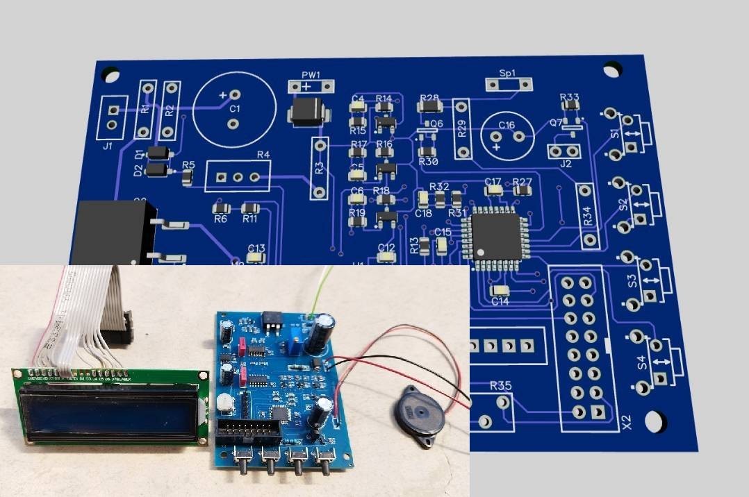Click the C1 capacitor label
235,110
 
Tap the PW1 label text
311,74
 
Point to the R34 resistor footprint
586,215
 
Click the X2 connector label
626,421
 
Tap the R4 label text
263,155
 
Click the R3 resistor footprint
320,167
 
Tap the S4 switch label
642,362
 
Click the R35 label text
501,386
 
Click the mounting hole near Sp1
611,69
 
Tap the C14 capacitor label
500,301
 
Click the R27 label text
522,181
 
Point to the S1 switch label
615,133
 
